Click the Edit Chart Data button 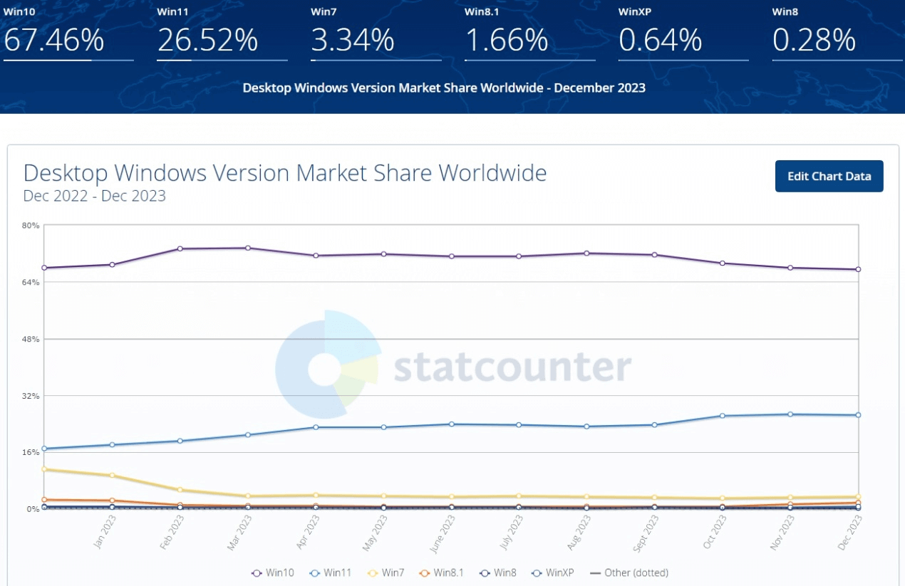(x=829, y=177)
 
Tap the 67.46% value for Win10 (x=54, y=41)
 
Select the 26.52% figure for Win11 (x=207, y=41)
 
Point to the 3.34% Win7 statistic (x=353, y=41)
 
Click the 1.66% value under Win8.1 (x=506, y=41)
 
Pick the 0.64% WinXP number (x=661, y=41)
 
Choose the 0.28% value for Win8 (x=814, y=41)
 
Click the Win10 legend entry (x=274, y=572)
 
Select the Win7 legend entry (x=391, y=572)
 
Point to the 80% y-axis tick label (x=31, y=226)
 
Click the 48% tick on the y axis (x=31, y=339)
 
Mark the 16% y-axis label (x=31, y=452)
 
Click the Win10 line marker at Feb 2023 (x=180, y=248)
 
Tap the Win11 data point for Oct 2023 (x=723, y=416)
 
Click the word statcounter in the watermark (x=512, y=367)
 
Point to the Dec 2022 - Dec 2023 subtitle (x=94, y=196)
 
